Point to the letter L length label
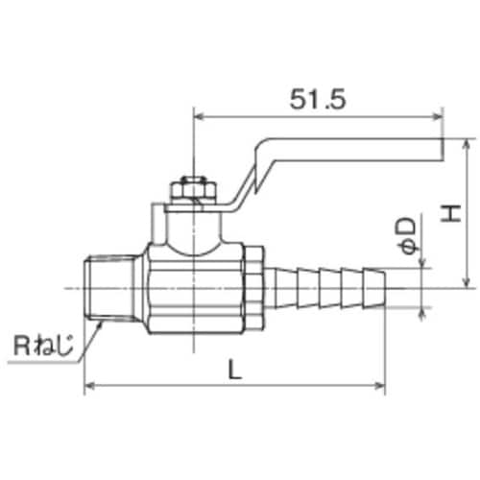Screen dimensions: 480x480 coord(234,368)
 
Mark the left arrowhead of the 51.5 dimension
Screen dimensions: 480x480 coord(200,118)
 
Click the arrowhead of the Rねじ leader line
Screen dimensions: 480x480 coord(102,324)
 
